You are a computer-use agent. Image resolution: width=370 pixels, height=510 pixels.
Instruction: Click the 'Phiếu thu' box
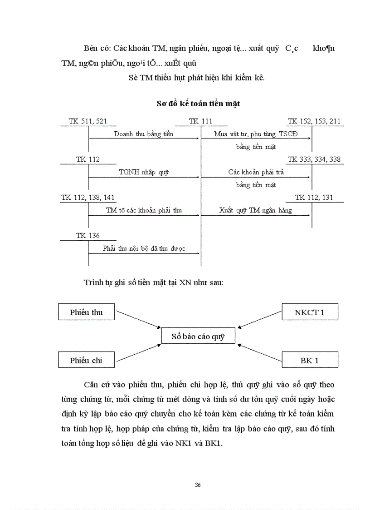[86, 312]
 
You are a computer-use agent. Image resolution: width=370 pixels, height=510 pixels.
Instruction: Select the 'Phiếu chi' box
[86, 360]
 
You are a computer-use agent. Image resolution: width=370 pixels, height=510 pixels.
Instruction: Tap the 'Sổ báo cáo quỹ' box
[198, 337]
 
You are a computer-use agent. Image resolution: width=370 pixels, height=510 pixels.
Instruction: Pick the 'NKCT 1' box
[310, 312]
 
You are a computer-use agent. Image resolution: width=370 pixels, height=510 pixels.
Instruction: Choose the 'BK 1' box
[310, 360]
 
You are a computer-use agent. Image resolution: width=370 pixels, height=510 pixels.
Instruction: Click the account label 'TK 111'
[200, 121]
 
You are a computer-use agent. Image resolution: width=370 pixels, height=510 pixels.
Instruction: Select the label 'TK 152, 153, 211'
[314, 121]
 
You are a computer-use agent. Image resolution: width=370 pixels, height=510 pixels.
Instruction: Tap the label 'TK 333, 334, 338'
[314, 159]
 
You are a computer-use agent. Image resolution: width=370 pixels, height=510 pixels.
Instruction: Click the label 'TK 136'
[88, 236]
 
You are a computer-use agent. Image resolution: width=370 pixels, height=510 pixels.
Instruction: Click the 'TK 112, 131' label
[314, 198]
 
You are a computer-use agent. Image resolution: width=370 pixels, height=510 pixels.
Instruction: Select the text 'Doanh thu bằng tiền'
[144, 134]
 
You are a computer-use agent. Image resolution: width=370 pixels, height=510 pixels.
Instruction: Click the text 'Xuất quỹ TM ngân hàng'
[255, 210]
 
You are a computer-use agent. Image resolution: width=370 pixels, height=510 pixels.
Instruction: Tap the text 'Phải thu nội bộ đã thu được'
[144, 249]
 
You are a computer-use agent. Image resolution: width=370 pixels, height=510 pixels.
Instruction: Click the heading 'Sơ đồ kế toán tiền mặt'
[198, 104]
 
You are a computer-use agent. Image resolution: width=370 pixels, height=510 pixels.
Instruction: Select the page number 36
[198, 485]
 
